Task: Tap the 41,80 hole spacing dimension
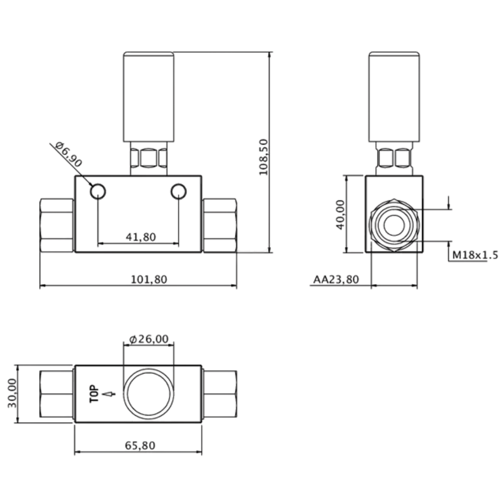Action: tap(141, 237)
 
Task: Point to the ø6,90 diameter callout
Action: tap(68, 154)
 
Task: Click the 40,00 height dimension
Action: tap(339, 215)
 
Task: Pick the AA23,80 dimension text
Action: tap(336, 280)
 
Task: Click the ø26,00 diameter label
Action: tap(148, 339)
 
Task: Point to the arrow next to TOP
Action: tap(110, 394)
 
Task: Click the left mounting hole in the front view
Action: tap(98, 191)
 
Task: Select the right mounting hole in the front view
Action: tap(178, 191)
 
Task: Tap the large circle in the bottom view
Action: tap(149, 394)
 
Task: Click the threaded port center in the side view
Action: tap(393, 226)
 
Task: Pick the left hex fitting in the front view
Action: tap(57, 225)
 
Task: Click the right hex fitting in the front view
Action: tap(220, 225)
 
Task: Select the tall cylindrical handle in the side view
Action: tap(393, 97)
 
